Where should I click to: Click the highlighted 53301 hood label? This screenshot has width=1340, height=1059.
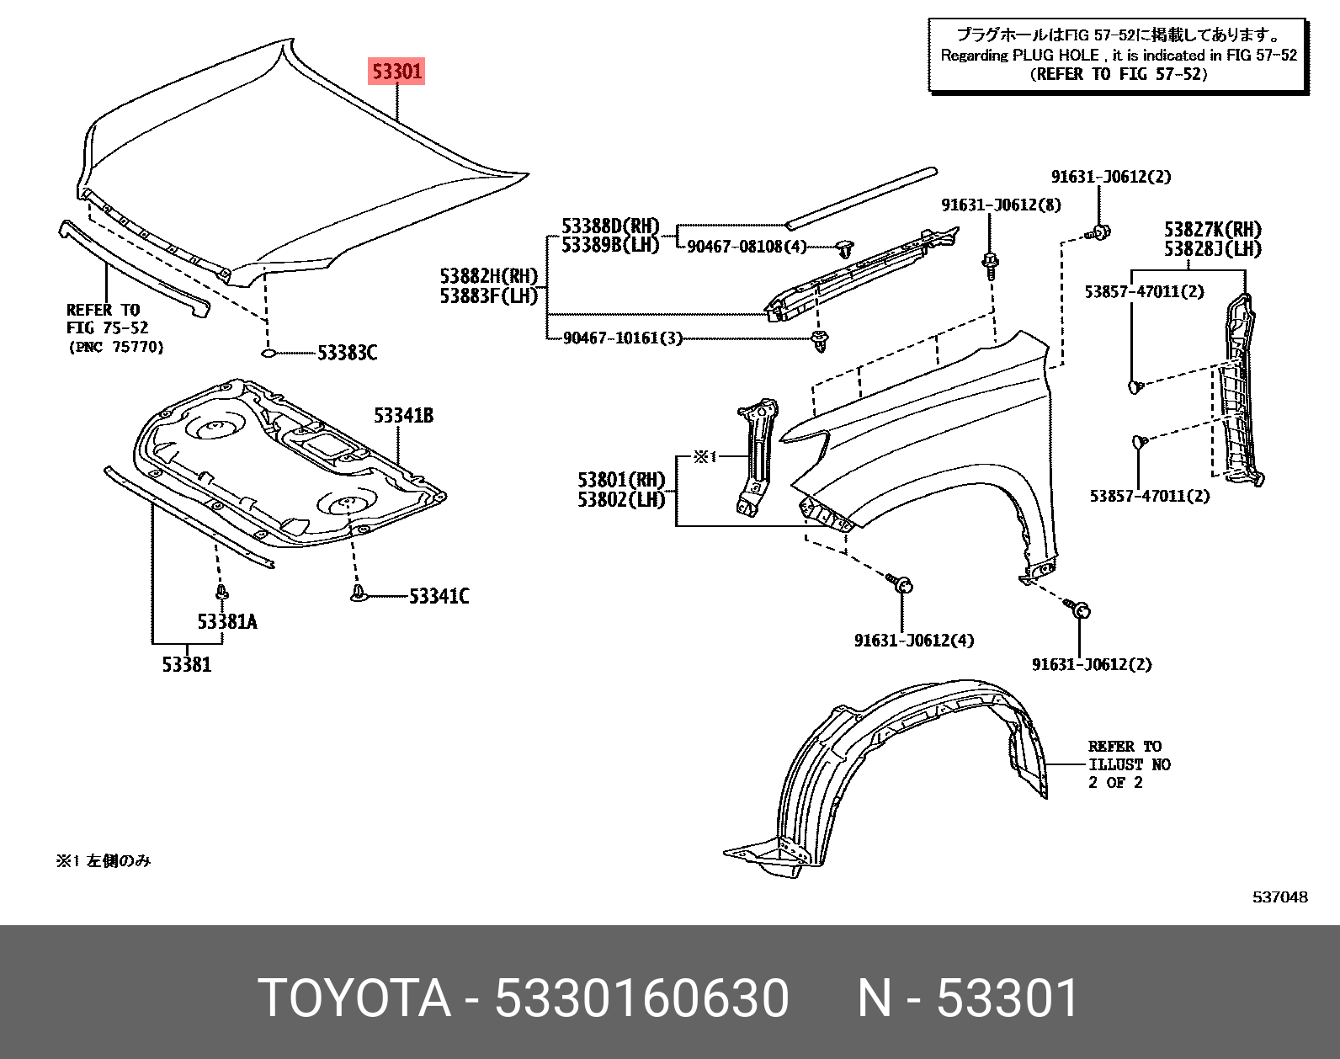(x=396, y=71)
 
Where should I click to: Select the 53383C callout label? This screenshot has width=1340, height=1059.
(x=347, y=353)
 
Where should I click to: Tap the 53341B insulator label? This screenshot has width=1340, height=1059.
(x=403, y=415)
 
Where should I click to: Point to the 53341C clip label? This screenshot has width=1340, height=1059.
(x=439, y=596)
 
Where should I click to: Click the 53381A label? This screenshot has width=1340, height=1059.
(x=226, y=621)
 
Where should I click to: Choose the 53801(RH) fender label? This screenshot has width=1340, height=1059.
(x=620, y=480)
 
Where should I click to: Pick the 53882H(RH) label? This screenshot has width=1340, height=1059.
(x=488, y=276)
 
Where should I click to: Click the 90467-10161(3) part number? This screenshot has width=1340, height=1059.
(x=622, y=338)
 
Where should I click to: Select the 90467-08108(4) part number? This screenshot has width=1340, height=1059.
(x=747, y=246)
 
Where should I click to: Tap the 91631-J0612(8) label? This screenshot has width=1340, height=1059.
(x=1001, y=205)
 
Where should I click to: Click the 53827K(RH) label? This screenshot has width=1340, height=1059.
(x=1212, y=229)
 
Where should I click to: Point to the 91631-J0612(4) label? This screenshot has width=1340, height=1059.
(x=913, y=640)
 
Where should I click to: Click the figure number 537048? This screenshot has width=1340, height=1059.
(x=1279, y=897)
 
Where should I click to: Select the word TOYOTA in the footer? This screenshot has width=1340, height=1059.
(x=354, y=998)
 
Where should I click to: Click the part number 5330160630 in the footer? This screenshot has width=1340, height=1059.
(x=641, y=998)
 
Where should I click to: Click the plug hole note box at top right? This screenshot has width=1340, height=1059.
(x=1118, y=55)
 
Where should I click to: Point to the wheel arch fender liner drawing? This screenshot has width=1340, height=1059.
(x=892, y=774)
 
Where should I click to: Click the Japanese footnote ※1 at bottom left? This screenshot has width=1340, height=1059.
(x=103, y=860)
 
